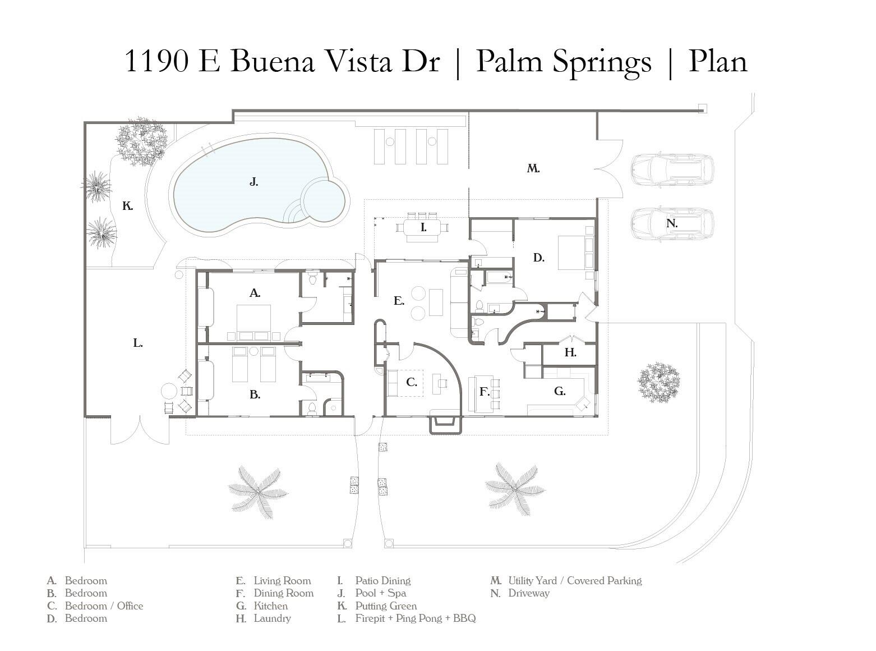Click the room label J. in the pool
click(x=253, y=182)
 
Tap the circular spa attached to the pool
click(x=323, y=199)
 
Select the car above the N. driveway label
click(x=672, y=169)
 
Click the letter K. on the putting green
click(x=128, y=207)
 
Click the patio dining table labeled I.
click(x=423, y=228)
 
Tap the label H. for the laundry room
click(x=570, y=352)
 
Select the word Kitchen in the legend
click(x=271, y=606)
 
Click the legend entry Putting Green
click(x=386, y=606)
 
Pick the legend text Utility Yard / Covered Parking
click(x=575, y=581)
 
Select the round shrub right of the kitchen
click(x=658, y=382)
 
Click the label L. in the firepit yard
click(x=138, y=343)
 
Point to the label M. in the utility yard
click(x=533, y=168)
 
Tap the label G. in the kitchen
click(x=560, y=391)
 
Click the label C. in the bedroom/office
click(x=411, y=382)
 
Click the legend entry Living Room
click(x=282, y=581)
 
